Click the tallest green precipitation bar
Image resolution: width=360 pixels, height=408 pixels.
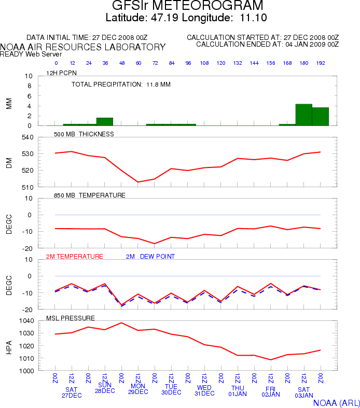click(x=304, y=115)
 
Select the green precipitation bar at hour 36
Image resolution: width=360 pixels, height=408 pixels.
click(x=105, y=122)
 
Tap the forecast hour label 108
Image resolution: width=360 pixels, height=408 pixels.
click(x=204, y=63)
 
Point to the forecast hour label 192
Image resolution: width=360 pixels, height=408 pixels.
click(x=321, y=63)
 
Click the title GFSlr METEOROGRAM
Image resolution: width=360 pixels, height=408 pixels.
click(x=187, y=5)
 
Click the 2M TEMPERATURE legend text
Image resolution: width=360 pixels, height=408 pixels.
click(x=75, y=257)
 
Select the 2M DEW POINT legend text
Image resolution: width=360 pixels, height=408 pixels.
click(x=150, y=257)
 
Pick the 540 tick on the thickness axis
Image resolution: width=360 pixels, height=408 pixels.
click(x=27, y=137)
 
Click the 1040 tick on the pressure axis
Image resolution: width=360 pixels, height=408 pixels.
click(x=26, y=321)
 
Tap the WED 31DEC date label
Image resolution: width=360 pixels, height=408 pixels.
click(x=204, y=390)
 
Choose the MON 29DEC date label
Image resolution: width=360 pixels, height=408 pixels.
click(x=138, y=389)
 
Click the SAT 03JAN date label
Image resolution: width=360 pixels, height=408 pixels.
click(x=304, y=392)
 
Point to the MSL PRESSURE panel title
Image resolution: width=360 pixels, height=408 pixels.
click(x=70, y=318)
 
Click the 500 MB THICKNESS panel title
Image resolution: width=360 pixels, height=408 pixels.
click(x=84, y=134)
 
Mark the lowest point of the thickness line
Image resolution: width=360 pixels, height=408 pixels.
click(x=138, y=182)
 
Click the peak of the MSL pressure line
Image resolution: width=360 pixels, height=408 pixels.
click(x=121, y=323)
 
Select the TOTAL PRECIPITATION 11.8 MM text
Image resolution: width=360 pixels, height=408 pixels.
click(x=121, y=85)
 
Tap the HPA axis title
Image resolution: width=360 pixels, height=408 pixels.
click(x=9, y=347)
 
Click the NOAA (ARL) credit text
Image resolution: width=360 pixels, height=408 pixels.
click(x=337, y=403)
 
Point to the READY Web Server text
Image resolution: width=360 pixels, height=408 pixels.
click(x=31, y=54)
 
